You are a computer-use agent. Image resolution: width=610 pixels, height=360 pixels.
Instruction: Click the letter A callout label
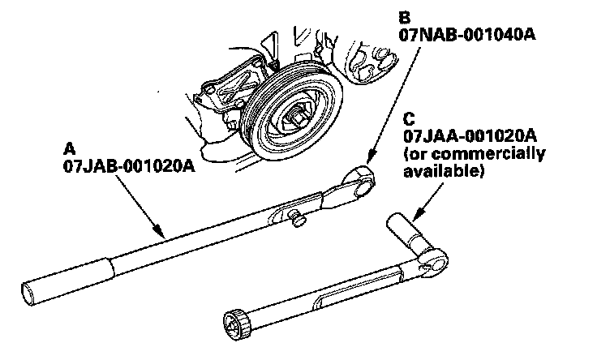[x=68, y=148]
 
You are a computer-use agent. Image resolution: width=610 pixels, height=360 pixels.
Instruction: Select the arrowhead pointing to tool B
[x=367, y=163]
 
